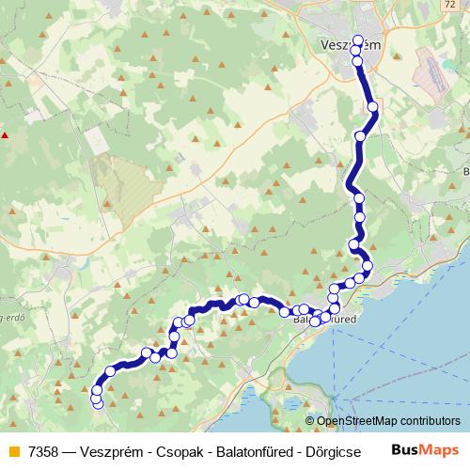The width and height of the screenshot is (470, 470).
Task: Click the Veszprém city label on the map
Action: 351,46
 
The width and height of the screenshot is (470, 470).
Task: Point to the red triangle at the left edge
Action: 6,134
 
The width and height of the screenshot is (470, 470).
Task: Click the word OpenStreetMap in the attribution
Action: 357,422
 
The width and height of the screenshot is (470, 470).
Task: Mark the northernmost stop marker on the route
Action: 357,40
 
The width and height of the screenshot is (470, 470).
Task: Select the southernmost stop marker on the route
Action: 98,405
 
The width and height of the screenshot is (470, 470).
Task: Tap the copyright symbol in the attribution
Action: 311,422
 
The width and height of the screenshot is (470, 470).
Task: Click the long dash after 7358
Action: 71,450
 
